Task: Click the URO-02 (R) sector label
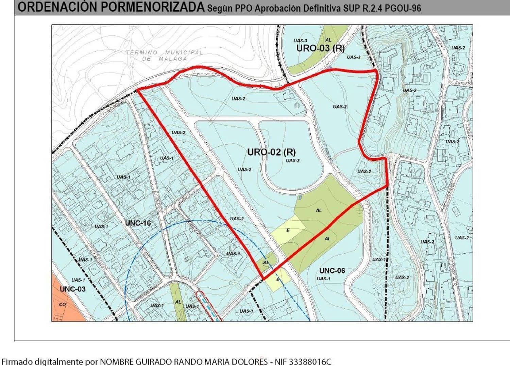point(271,152)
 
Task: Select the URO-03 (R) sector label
point(320,48)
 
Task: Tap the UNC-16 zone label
point(138,223)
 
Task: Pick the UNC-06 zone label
point(332,271)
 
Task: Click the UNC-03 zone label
point(72,289)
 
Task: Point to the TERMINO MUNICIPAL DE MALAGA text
point(165,55)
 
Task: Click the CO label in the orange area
point(62,304)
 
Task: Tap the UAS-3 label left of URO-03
point(300,41)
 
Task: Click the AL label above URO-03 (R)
point(328,40)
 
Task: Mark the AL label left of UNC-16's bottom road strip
point(178,302)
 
